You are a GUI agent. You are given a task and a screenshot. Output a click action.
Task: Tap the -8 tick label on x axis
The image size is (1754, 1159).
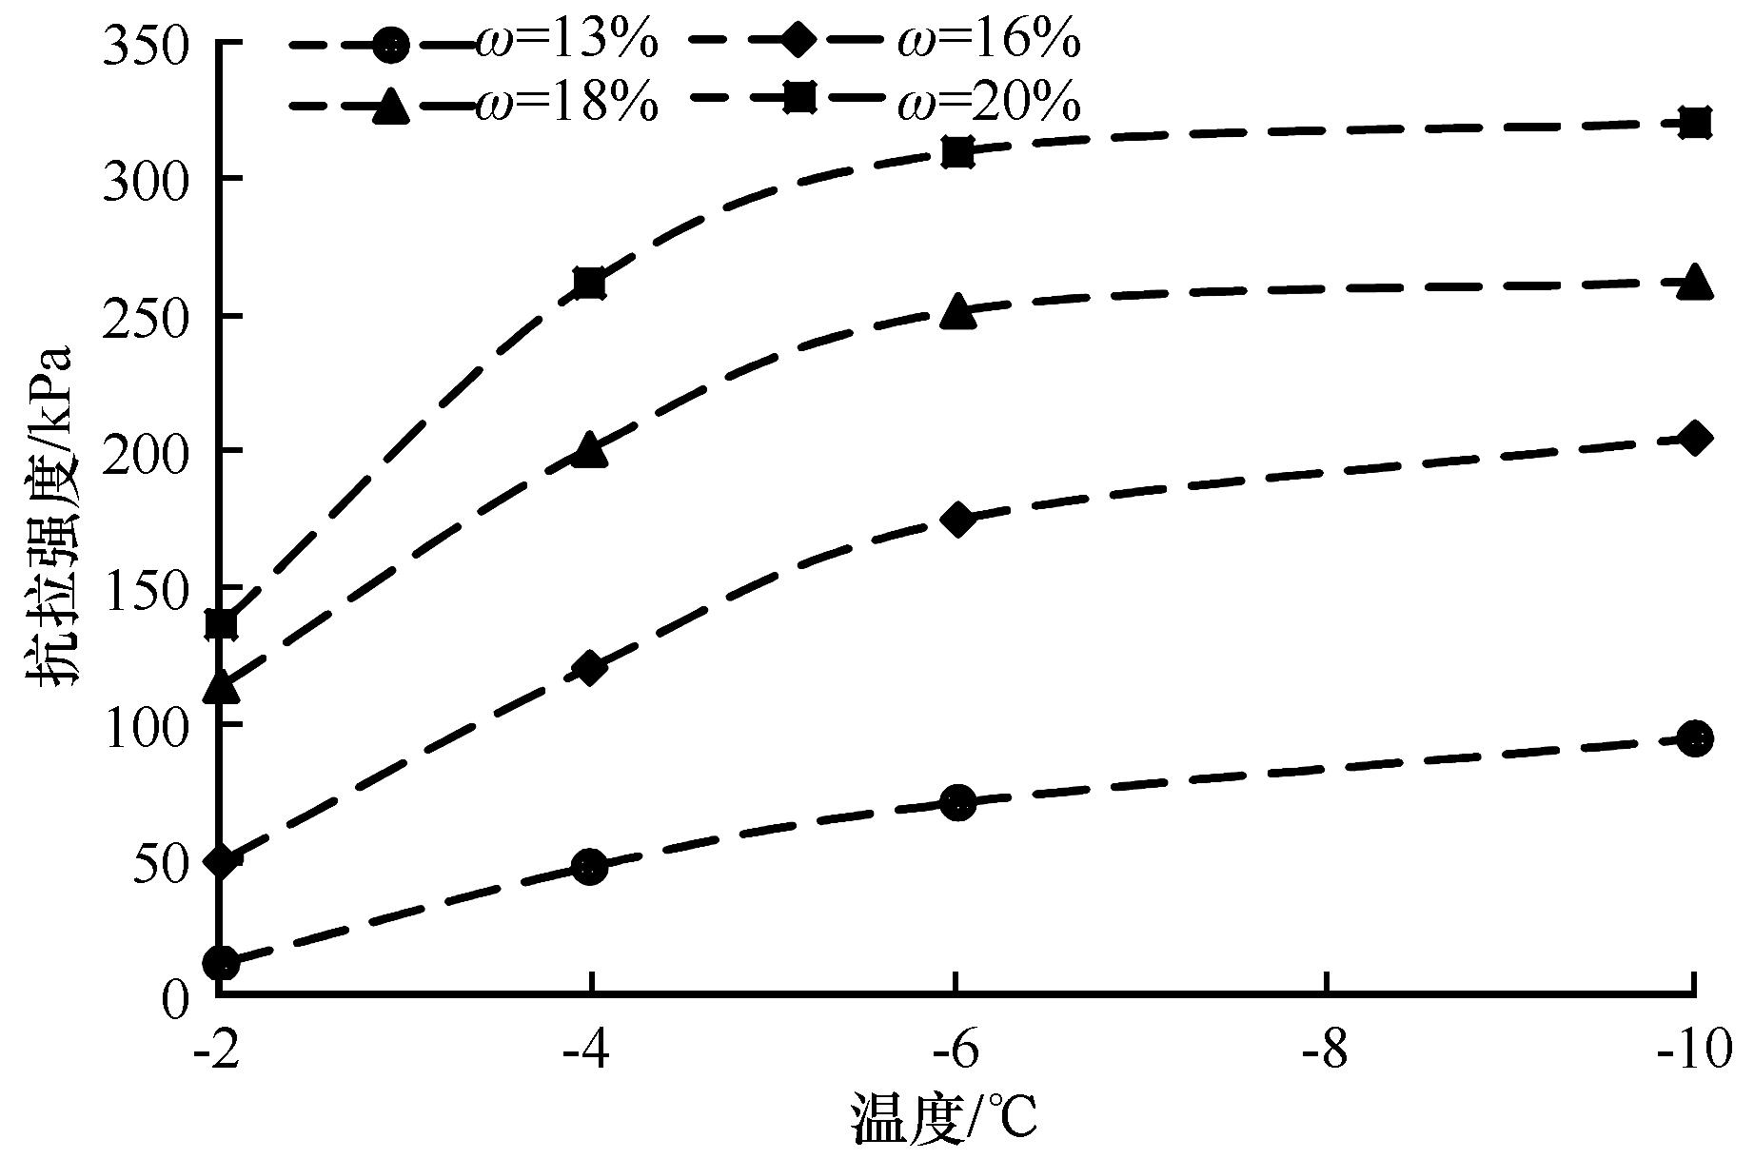pos(1325,1053)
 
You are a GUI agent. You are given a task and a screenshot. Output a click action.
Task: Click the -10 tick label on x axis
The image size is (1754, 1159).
pos(1694,1053)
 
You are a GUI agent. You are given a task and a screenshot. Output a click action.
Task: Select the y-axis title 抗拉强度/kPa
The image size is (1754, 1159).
pos(53,519)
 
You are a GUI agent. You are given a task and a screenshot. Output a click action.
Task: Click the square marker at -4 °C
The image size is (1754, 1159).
pos(590,284)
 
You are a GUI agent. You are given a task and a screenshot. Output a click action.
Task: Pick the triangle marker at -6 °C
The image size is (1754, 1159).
pos(957,312)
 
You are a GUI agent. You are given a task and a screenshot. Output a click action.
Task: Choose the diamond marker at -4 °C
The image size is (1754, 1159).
pos(590,668)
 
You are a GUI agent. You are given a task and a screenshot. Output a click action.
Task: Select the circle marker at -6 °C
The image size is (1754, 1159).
pos(957,802)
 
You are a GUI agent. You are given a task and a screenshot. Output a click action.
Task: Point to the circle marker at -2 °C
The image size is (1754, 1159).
pos(221,963)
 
